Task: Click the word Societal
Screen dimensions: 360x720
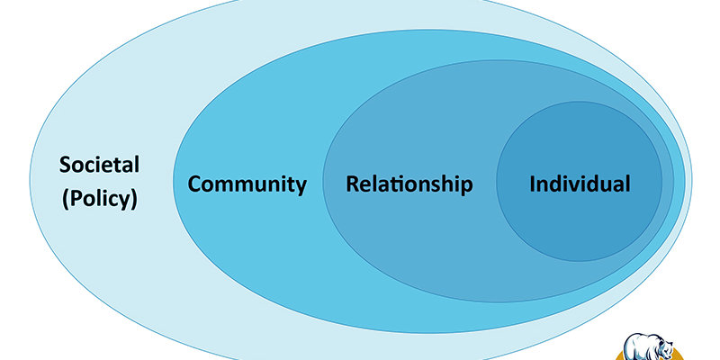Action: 99,166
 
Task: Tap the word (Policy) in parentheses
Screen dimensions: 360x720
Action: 99,198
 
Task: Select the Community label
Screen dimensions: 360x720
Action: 247,184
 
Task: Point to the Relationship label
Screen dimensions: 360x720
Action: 409,184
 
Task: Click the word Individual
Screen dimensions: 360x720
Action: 580,184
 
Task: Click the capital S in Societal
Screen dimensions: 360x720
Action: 66,166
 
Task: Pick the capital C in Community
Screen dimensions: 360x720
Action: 195,184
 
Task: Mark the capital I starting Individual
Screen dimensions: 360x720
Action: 533,184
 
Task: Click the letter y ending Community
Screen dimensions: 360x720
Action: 301,187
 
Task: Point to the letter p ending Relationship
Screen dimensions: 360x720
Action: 466,187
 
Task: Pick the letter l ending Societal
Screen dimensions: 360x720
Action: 135,166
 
